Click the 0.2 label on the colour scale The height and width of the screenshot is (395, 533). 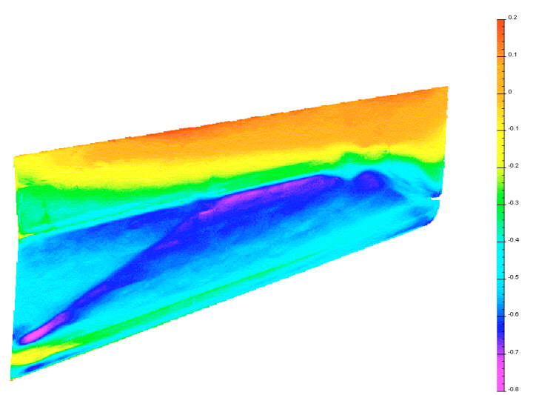pyautogui.click(x=512, y=17)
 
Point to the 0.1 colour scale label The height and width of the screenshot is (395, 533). pyautogui.click(x=512, y=54)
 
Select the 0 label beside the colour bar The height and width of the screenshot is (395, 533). pyautogui.click(x=510, y=92)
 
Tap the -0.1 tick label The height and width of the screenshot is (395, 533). pyautogui.click(x=513, y=129)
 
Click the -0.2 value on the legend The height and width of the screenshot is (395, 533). pyautogui.click(x=513, y=166)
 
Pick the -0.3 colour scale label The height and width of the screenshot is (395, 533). pyautogui.click(x=513, y=203)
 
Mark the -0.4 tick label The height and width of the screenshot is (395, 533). pyautogui.click(x=513, y=240)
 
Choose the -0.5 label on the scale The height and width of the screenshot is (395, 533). pyautogui.click(x=513, y=277)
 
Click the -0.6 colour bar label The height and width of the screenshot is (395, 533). pyautogui.click(x=513, y=314)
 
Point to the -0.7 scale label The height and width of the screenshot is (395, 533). pyautogui.click(x=513, y=352)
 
